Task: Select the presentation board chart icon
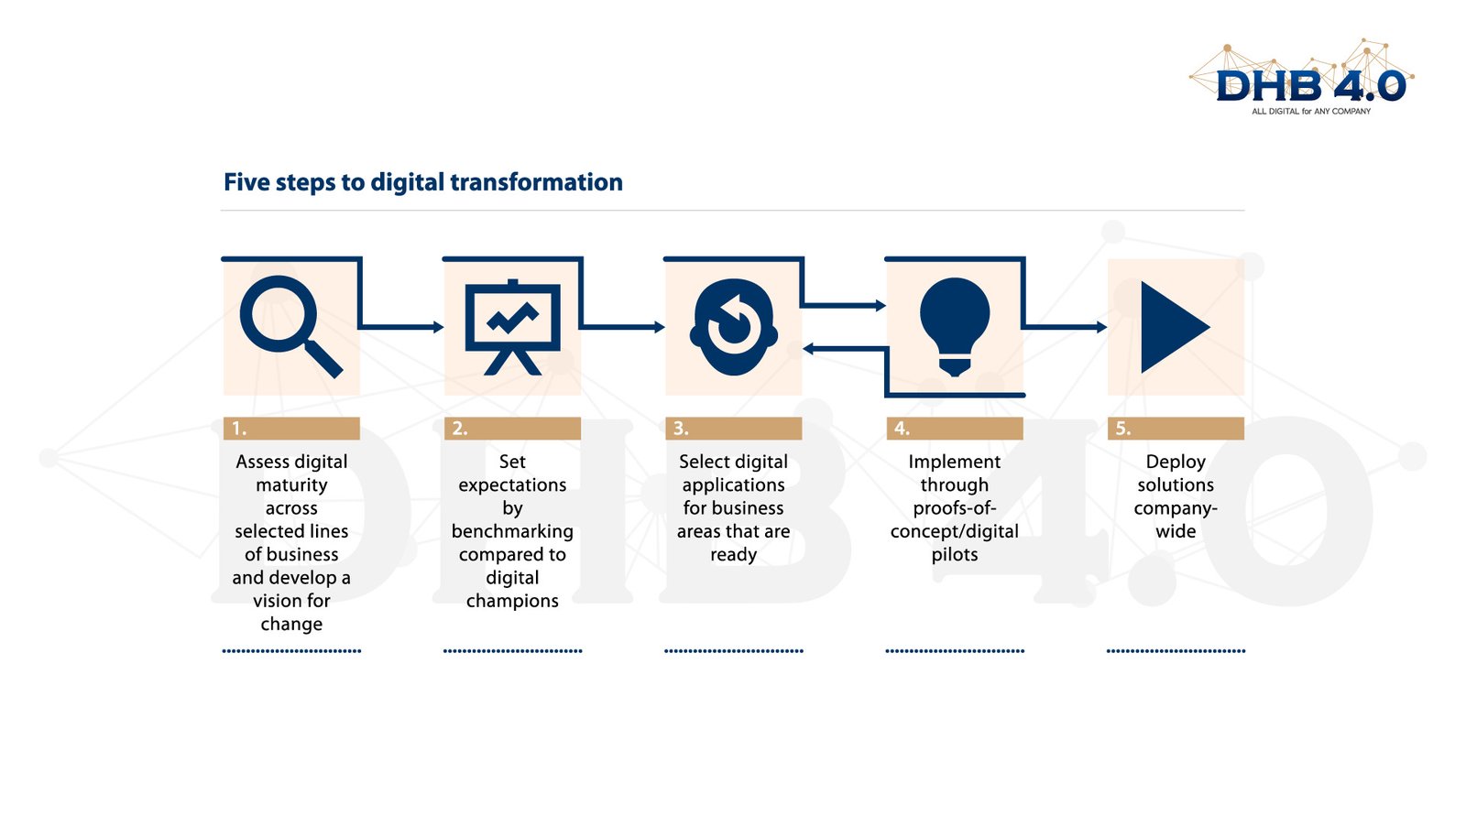[512, 327]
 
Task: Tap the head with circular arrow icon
[734, 327]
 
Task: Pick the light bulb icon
[955, 326]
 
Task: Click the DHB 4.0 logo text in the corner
[1311, 86]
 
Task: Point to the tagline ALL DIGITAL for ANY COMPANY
[1311, 111]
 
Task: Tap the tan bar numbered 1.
[291, 429]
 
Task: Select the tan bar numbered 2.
[512, 429]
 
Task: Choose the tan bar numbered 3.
[734, 429]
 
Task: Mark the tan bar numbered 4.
[955, 429]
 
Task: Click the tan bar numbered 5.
[1176, 429]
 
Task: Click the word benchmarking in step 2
[512, 531]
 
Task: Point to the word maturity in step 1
[291, 485]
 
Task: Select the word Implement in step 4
[954, 462]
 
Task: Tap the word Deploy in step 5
[1176, 462]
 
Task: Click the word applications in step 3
[733, 485]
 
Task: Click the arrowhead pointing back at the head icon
[808, 349]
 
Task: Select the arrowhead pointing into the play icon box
[1102, 326]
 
